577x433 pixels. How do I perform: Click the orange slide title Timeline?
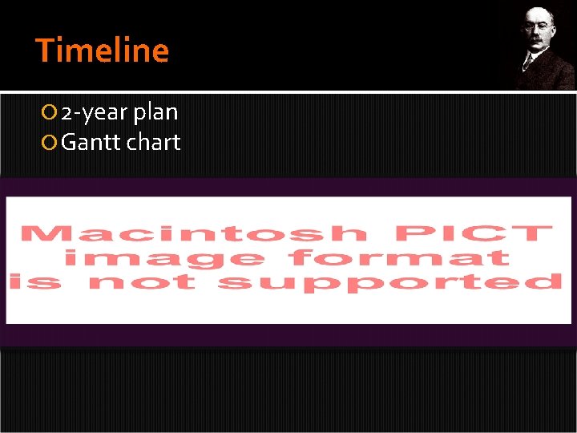pos(103,51)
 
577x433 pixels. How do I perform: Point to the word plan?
pos(155,113)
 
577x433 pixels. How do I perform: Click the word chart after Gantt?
pos(153,143)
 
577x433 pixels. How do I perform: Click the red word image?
pos(164,258)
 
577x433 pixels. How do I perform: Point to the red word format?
pos(401,257)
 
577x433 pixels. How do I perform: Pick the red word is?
pos(36,281)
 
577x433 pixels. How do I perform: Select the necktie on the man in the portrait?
pos(531,63)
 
